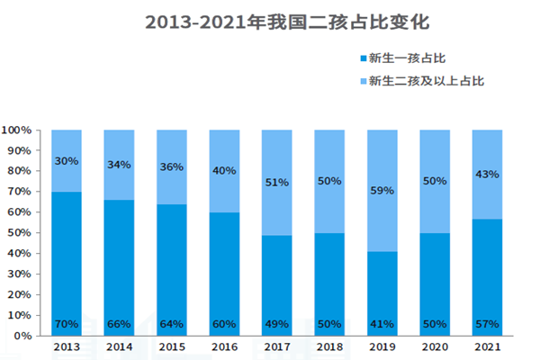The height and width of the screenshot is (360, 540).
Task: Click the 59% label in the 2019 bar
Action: point(382,191)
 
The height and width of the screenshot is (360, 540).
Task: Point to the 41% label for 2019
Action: point(382,324)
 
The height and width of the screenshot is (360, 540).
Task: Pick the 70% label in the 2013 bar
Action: point(66,324)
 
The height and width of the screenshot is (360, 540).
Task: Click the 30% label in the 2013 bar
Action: point(66,161)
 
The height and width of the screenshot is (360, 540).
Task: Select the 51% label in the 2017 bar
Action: point(277,183)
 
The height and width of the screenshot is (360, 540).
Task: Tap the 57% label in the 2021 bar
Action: point(488,324)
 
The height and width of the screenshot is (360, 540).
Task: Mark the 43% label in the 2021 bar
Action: point(488,174)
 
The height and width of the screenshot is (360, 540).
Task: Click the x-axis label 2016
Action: point(224,347)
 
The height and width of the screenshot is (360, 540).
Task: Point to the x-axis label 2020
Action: point(435,347)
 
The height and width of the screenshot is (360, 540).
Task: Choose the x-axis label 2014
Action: point(119,347)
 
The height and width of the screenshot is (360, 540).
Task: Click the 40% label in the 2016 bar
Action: point(224,170)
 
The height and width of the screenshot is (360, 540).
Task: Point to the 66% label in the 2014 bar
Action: point(119,324)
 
